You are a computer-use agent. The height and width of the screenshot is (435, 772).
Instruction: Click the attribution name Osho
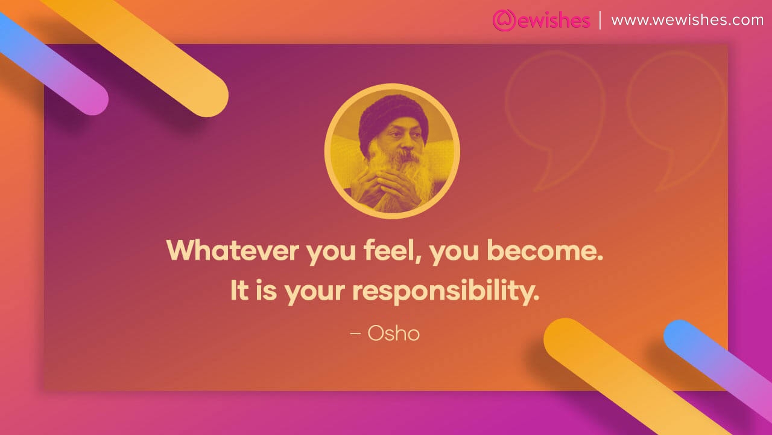pyautogui.click(x=393, y=333)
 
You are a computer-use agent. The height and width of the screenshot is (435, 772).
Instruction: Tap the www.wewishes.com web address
pyautogui.click(x=688, y=20)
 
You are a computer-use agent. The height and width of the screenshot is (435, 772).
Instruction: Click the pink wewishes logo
pyautogui.click(x=540, y=21)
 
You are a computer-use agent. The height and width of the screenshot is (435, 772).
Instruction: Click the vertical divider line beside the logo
pyautogui.click(x=600, y=20)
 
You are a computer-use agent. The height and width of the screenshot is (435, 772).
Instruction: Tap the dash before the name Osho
pyautogui.click(x=355, y=333)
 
